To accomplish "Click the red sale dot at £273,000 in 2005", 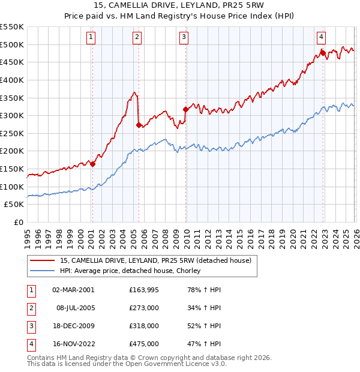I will (x=139, y=125).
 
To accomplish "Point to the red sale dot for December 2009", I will (x=186, y=109).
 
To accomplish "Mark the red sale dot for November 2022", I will (x=323, y=53).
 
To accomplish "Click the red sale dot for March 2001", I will (x=93, y=164).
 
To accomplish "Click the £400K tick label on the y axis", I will (x=12, y=80).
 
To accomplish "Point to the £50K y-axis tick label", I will (x=14, y=205).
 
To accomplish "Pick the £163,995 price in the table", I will (x=144, y=290).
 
